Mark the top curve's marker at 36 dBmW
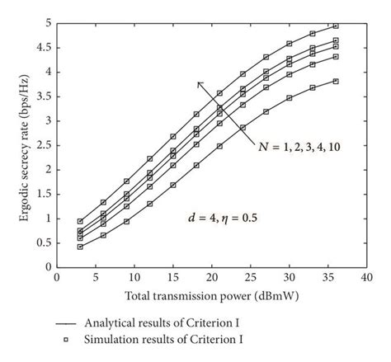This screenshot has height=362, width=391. pyautogui.click(x=336, y=26)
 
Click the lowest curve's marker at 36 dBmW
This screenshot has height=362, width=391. pyautogui.click(x=336, y=82)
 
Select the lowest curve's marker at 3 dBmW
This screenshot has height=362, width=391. pyautogui.click(x=80, y=247)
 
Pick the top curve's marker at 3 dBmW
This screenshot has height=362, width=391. pyautogui.click(x=80, y=221)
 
